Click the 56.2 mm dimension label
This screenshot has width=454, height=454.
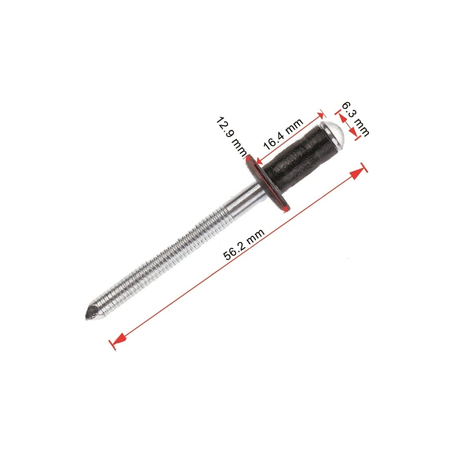click(x=244, y=244)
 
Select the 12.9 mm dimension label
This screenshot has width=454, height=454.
click(x=232, y=136)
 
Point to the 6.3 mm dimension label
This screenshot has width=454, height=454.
click(x=355, y=118)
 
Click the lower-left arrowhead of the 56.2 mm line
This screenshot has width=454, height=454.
click(x=118, y=340)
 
